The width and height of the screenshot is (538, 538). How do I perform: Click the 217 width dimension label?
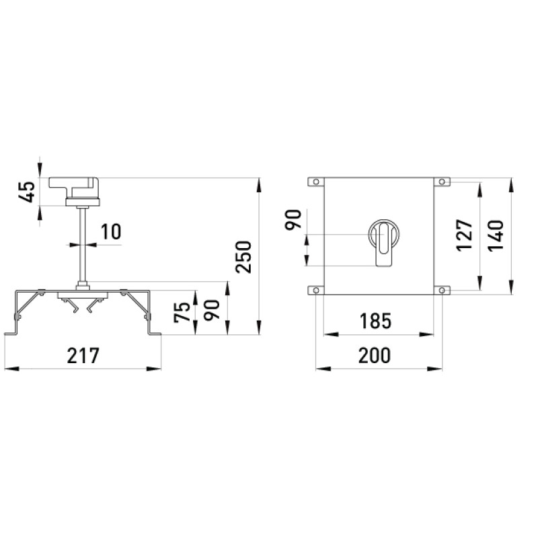point(83,356)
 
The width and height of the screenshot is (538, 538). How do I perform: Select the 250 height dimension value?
point(243,258)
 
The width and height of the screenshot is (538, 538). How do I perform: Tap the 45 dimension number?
point(27,192)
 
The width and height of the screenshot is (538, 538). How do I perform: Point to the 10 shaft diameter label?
point(111,231)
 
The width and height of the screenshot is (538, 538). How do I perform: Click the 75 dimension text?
point(182,312)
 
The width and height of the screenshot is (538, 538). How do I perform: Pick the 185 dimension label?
point(375,321)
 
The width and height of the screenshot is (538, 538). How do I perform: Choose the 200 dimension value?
point(375,356)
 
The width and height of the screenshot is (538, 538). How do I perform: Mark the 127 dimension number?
point(465,235)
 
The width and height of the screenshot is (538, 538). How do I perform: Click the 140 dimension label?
point(496,235)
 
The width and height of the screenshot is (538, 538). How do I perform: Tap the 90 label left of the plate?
point(294,219)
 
